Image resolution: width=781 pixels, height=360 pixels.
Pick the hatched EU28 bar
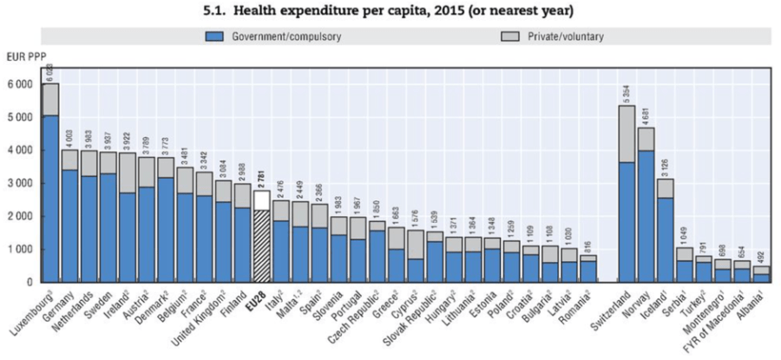(260, 243)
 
